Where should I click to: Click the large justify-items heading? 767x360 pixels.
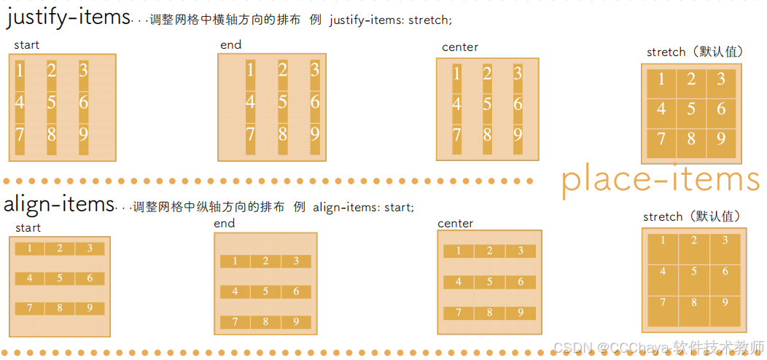coord(68,18)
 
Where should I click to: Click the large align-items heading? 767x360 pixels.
coord(58,205)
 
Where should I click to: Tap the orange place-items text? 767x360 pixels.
coord(661,179)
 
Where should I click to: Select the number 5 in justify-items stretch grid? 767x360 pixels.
coord(691,109)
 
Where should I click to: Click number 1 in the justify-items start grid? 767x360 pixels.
coord(20,71)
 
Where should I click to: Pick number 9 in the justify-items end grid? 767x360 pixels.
coord(314,134)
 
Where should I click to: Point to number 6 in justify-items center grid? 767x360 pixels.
coord(517,104)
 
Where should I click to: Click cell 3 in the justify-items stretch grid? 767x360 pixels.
coord(720,79)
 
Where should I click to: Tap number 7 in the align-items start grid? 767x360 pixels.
coord(30,308)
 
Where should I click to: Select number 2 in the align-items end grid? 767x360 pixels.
coord(265,262)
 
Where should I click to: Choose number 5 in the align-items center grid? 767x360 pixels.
coord(489,282)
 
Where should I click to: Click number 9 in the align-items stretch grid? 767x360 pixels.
coord(725,302)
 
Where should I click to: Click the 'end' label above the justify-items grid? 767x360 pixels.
coord(230,45)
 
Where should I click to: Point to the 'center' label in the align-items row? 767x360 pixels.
coord(456,224)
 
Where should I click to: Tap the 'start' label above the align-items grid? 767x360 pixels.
coord(27,228)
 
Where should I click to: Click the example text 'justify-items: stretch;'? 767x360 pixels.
coord(389,20)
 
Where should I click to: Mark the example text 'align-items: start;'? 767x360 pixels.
coord(363,208)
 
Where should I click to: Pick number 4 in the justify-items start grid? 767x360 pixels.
coord(20,102)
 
